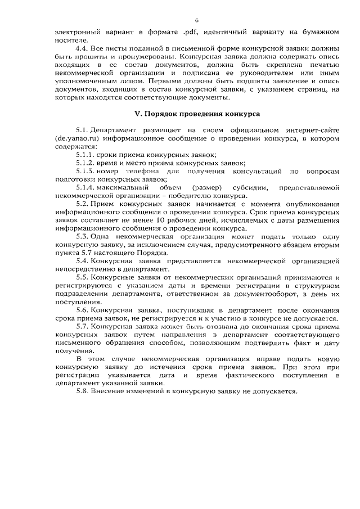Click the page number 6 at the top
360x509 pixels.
click(181, 20)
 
